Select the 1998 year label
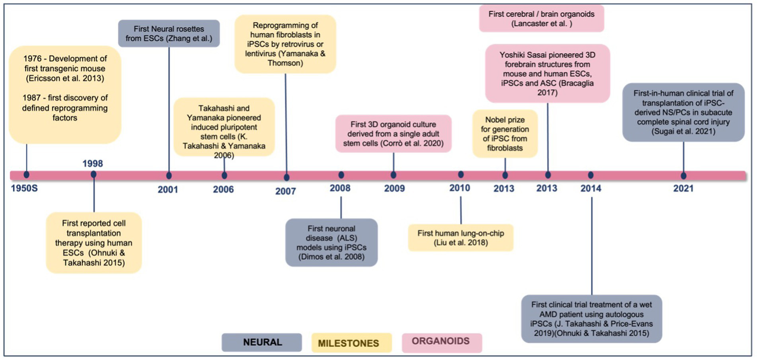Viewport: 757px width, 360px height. point(93,163)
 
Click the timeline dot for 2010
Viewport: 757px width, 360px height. point(461,175)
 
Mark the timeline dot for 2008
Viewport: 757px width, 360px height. point(341,175)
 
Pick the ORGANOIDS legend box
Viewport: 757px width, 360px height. point(441,342)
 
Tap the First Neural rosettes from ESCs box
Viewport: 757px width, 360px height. point(169,33)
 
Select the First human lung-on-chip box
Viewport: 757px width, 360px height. point(461,237)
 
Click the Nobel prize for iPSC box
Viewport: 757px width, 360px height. point(505,133)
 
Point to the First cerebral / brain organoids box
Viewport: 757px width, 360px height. point(541,19)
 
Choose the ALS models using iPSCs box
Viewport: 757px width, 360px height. point(331,243)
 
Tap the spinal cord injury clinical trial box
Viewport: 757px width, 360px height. point(683,112)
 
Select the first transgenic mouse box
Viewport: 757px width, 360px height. point(65,95)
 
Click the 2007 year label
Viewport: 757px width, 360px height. point(286,191)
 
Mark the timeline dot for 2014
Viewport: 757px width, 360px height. point(591,175)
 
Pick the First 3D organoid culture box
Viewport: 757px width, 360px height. point(393,133)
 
